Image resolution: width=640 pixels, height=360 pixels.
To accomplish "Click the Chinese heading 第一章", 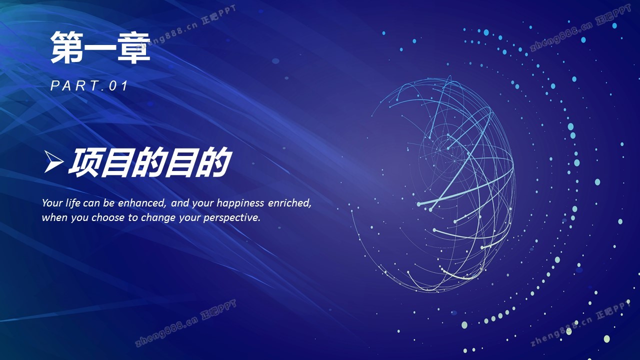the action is click(x=100, y=47).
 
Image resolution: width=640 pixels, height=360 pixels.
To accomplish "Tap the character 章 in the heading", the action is click(x=133, y=47).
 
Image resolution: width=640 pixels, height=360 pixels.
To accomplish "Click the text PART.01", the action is click(x=89, y=85).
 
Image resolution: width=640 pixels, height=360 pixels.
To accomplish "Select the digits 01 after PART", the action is click(x=118, y=85).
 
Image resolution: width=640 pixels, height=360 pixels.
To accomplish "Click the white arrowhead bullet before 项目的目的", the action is click(x=53, y=161).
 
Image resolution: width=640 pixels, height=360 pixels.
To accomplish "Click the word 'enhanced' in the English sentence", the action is click(x=142, y=203).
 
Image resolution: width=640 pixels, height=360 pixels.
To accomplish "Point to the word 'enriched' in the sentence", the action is click(x=289, y=203).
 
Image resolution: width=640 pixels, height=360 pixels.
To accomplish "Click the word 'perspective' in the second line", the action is click(x=231, y=218).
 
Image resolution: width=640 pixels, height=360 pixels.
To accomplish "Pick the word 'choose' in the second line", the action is click(x=108, y=217).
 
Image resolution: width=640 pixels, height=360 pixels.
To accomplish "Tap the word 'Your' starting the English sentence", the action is click(x=52, y=203).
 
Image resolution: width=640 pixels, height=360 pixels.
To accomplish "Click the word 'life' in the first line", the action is click(x=73, y=202).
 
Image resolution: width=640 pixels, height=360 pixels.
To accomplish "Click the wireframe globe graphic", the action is click(x=433, y=184).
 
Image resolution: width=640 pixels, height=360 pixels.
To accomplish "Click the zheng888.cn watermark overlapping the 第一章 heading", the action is click(x=185, y=27).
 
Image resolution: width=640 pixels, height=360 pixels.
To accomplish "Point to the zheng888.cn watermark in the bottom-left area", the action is click(x=185, y=323).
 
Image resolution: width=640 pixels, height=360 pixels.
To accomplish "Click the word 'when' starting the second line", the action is click(x=55, y=217).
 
